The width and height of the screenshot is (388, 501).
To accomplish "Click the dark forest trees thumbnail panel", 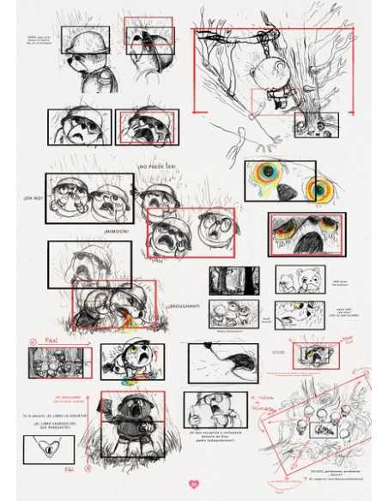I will (x=233, y=280).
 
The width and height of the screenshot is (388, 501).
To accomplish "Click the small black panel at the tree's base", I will (x=316, y=125).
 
